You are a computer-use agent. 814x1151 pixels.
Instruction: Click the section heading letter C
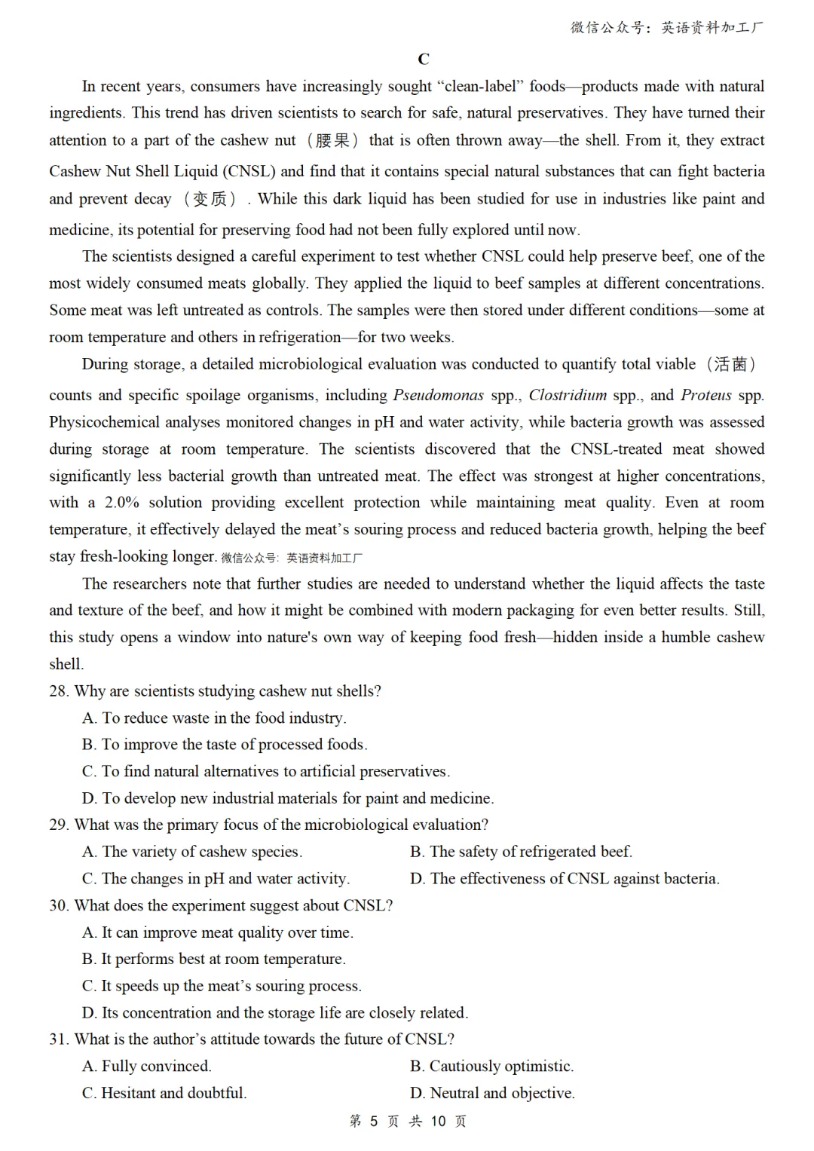tap(424, 60)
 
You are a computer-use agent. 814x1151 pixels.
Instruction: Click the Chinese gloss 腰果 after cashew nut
tap(332, 141)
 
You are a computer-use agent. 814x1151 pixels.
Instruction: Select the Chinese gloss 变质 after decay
tap(209, 199)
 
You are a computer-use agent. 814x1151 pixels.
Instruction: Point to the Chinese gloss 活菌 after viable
tap(730, 365)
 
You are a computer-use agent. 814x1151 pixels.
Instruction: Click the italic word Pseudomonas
tap(438, 395)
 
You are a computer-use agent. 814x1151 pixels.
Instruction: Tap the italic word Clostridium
tap(568, 395)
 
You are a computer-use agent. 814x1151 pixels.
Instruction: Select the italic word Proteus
tap(705, 395)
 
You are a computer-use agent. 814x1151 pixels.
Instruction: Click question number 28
tap(59, 691)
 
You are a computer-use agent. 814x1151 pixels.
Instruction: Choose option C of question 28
tap(266, 772)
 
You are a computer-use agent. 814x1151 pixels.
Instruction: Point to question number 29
tap(59, 825)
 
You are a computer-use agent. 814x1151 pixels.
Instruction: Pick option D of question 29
tap(565, 879)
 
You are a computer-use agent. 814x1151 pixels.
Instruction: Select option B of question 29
tap(521, 852)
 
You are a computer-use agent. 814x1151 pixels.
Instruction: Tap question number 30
tap(59, 905)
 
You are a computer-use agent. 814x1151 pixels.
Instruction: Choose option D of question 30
tap(275, 1013)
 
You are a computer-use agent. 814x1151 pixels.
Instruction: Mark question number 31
tap(59, 1039)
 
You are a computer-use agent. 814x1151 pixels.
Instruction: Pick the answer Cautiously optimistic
tap(491, 1067)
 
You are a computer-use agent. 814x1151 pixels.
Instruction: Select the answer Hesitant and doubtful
tap(164, 1093)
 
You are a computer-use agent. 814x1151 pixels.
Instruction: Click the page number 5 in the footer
tap(373, 1122)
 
